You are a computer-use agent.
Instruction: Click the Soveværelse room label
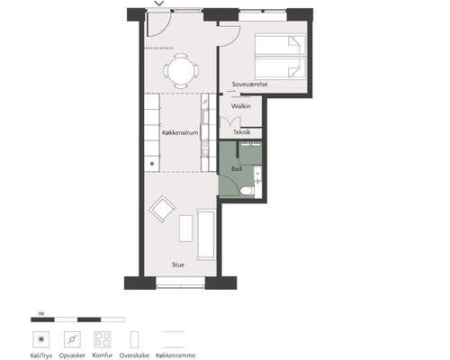click(249, 85)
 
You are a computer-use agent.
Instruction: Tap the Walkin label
click(241, 106)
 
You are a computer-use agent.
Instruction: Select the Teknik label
click(242, 132)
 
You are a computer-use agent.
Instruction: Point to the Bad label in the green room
click(237, 169)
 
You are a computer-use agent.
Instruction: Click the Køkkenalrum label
click(180, 132)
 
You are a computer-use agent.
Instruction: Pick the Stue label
click(178, 265)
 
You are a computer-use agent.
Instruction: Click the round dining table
click(181, 71)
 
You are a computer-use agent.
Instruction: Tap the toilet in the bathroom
click(247, 191)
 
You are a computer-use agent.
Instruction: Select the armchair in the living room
click(162, 209)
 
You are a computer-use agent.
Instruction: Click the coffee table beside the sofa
click(185, 229)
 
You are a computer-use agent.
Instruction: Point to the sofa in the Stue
click(206, 235)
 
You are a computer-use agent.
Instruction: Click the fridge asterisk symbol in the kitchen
click(152, 164)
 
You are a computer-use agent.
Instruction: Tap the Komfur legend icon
click(103, 339)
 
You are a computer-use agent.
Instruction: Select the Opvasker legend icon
click(72, 339)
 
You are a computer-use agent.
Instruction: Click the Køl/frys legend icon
click(41, 339)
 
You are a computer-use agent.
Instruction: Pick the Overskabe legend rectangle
click(134, 339)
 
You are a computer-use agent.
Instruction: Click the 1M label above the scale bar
click(41, 314)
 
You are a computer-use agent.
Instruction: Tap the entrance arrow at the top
click(159, 4)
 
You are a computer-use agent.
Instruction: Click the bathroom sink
click(257, 174)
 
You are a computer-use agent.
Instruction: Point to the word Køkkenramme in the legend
click(175, 355)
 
